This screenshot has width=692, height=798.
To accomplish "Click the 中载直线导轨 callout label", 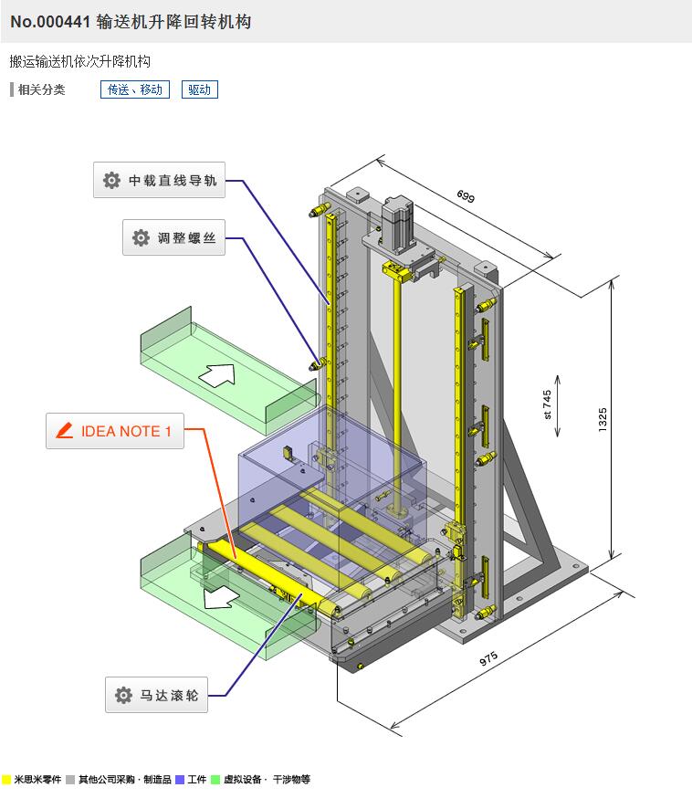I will [x=160, y=180].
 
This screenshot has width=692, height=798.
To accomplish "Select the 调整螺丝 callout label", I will [x=173, y=237].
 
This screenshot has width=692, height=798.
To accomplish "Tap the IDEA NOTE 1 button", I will [x=115, y=431].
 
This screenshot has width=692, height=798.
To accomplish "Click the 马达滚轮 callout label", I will [x=156, y=696].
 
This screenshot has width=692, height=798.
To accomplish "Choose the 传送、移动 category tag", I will [x=135, y=89].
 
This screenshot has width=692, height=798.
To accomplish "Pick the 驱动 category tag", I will [x=199, y=89].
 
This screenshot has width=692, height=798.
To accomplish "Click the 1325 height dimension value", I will [x=603, y=419].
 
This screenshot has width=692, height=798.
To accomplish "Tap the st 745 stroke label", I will [x=547, y=404].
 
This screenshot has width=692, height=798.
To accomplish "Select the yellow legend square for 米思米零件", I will [x=6, y=780].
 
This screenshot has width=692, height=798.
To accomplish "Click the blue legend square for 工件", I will [x=180, y=780].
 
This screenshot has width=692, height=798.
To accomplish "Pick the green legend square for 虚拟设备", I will [x=215, y=780].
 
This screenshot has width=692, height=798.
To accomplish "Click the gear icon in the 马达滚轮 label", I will [x=123, y=696].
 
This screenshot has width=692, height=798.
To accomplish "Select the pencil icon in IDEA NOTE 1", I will [x=64, y=431].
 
